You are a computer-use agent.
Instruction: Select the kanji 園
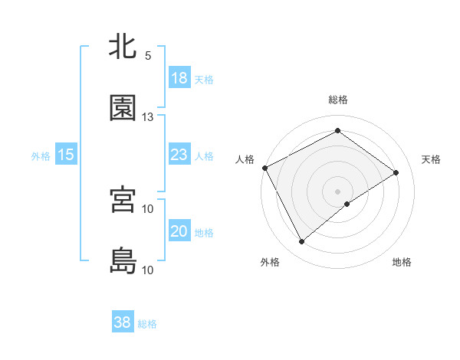[x=123, y=108]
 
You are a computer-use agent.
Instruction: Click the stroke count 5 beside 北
[x=148, y=56]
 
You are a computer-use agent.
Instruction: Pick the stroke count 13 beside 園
[x=148, y=117]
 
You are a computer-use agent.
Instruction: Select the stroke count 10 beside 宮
[x=148, y=208]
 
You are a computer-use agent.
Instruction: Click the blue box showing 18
[x=179, y=78]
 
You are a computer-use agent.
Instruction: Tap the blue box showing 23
[x=179, y=155]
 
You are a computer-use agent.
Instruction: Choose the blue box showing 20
[x=179, y=232]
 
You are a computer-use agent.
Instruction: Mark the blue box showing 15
[x=66, y=155]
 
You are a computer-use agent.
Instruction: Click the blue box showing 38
[x=123, y=322]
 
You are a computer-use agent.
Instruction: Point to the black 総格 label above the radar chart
[x=338, y=100]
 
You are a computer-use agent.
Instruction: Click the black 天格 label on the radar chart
[x=432, y=159]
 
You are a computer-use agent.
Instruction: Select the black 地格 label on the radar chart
[x=402, y=262]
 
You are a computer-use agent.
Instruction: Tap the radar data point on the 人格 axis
[x=264, y=168]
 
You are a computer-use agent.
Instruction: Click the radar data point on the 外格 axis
[x=301, y=242]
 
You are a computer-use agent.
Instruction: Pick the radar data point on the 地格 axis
[x=347, y=204]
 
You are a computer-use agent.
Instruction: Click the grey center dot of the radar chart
[x=338, y=191]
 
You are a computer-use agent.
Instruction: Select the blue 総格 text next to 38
[x=147, y=324]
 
